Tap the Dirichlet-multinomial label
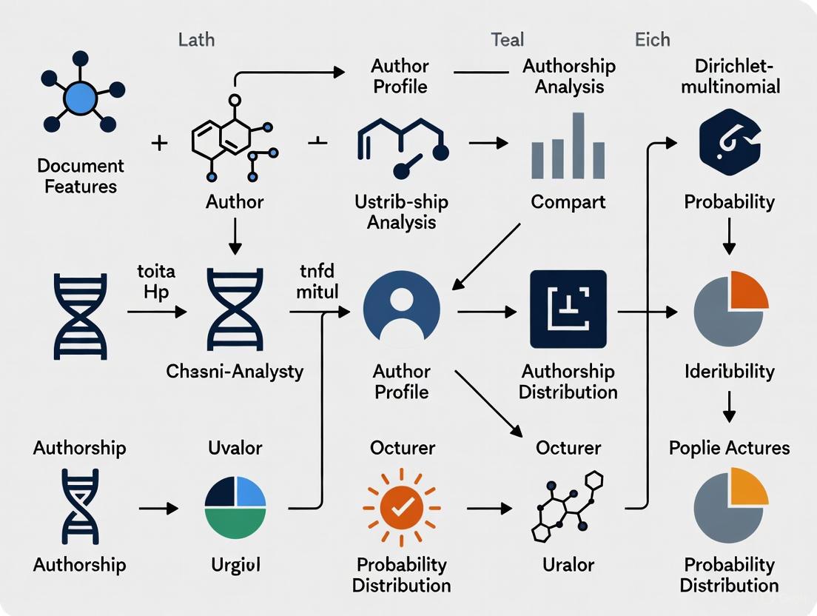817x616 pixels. tap(730, 76)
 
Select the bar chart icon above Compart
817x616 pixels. tap(568, 148)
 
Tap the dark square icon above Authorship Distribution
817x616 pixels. tap(568, 309)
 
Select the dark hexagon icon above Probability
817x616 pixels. tap(730, 141)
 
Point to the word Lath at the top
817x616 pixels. tap(197, 39)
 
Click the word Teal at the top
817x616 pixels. tap(508, 39)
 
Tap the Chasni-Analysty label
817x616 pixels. tap(235, 371)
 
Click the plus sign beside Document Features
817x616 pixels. tap(159, 142)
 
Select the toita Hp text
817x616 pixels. tap(155, 281)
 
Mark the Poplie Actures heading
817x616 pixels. tap(729, 448)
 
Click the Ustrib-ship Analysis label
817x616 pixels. tap(401, 212)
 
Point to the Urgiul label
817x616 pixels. tap(235, 565)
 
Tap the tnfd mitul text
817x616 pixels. tap(317, 281)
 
